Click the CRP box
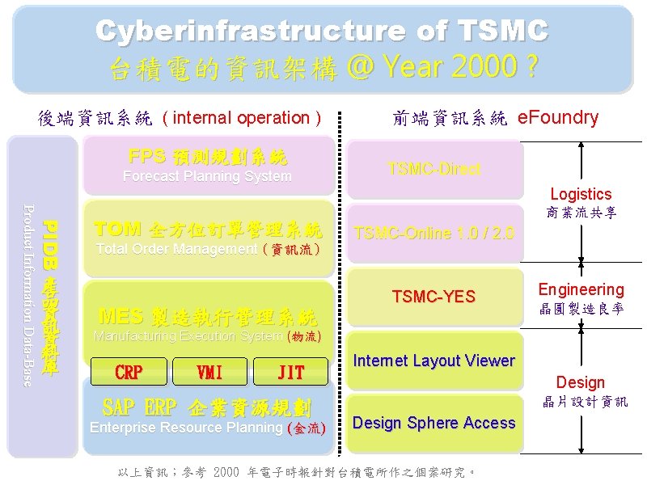[129, 373]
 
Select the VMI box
[210, 373]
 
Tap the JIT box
[291, 373]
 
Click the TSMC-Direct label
[433, 169]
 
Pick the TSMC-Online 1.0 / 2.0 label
[433, 233]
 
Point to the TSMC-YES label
[433, 297]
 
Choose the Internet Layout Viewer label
[433, 361]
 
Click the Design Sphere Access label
[433, 423]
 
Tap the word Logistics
[581, 194]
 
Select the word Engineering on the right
[581, 289]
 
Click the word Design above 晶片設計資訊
[580, 382]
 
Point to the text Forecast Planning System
[206, 176]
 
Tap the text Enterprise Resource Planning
[187, 428]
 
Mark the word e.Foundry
[557, 117]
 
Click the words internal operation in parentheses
[242, 118]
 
